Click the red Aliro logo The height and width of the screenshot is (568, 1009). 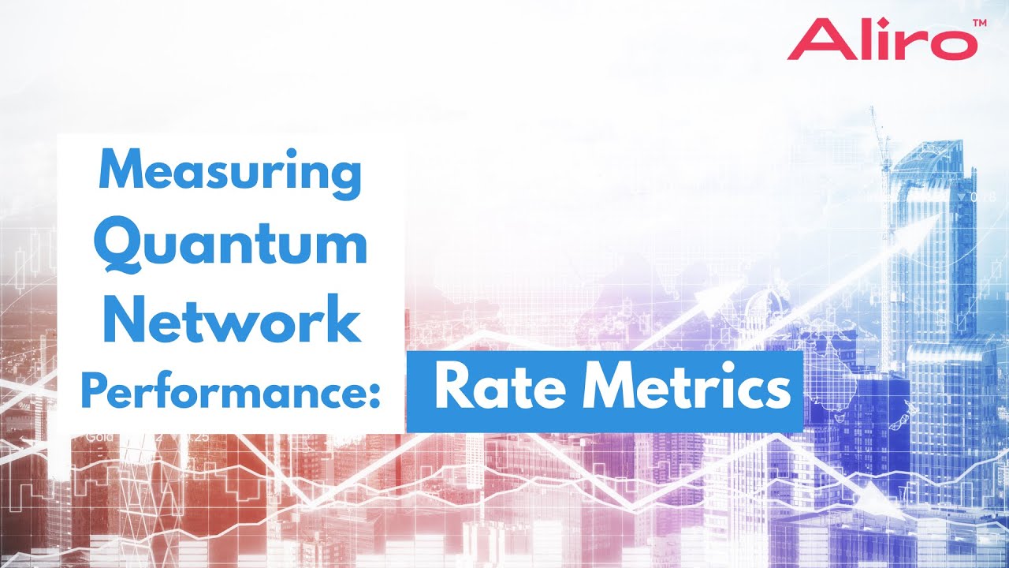880,39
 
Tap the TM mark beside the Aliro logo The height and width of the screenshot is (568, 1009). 979,24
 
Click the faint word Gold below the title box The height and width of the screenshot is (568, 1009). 99,436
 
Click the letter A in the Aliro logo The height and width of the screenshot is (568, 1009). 811,39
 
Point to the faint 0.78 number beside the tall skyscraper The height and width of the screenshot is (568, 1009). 985,196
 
